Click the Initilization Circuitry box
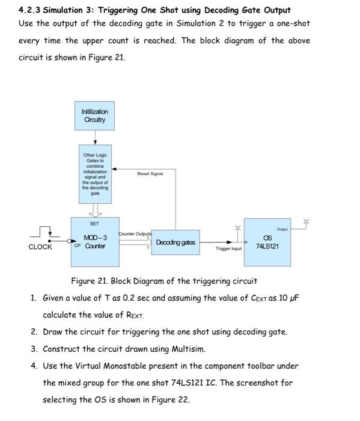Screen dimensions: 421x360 [94, 116]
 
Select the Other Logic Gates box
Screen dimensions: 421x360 [94, 174]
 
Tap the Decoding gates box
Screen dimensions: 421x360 [175, 242]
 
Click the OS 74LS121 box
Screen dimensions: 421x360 [267, 242]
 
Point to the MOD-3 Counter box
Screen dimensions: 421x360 [94, 242]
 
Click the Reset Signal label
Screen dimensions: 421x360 [150, 173]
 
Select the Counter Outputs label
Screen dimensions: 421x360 [135, 233]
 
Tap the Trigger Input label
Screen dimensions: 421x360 [228, 248]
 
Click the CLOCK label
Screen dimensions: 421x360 [40, 247]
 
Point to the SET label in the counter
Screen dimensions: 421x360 [95, 224]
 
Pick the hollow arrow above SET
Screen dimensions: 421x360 [95, 210]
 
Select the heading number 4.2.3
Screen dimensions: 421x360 [31, 10]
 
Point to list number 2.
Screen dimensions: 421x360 [34, 332]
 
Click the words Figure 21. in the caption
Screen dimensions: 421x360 [90, 281]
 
